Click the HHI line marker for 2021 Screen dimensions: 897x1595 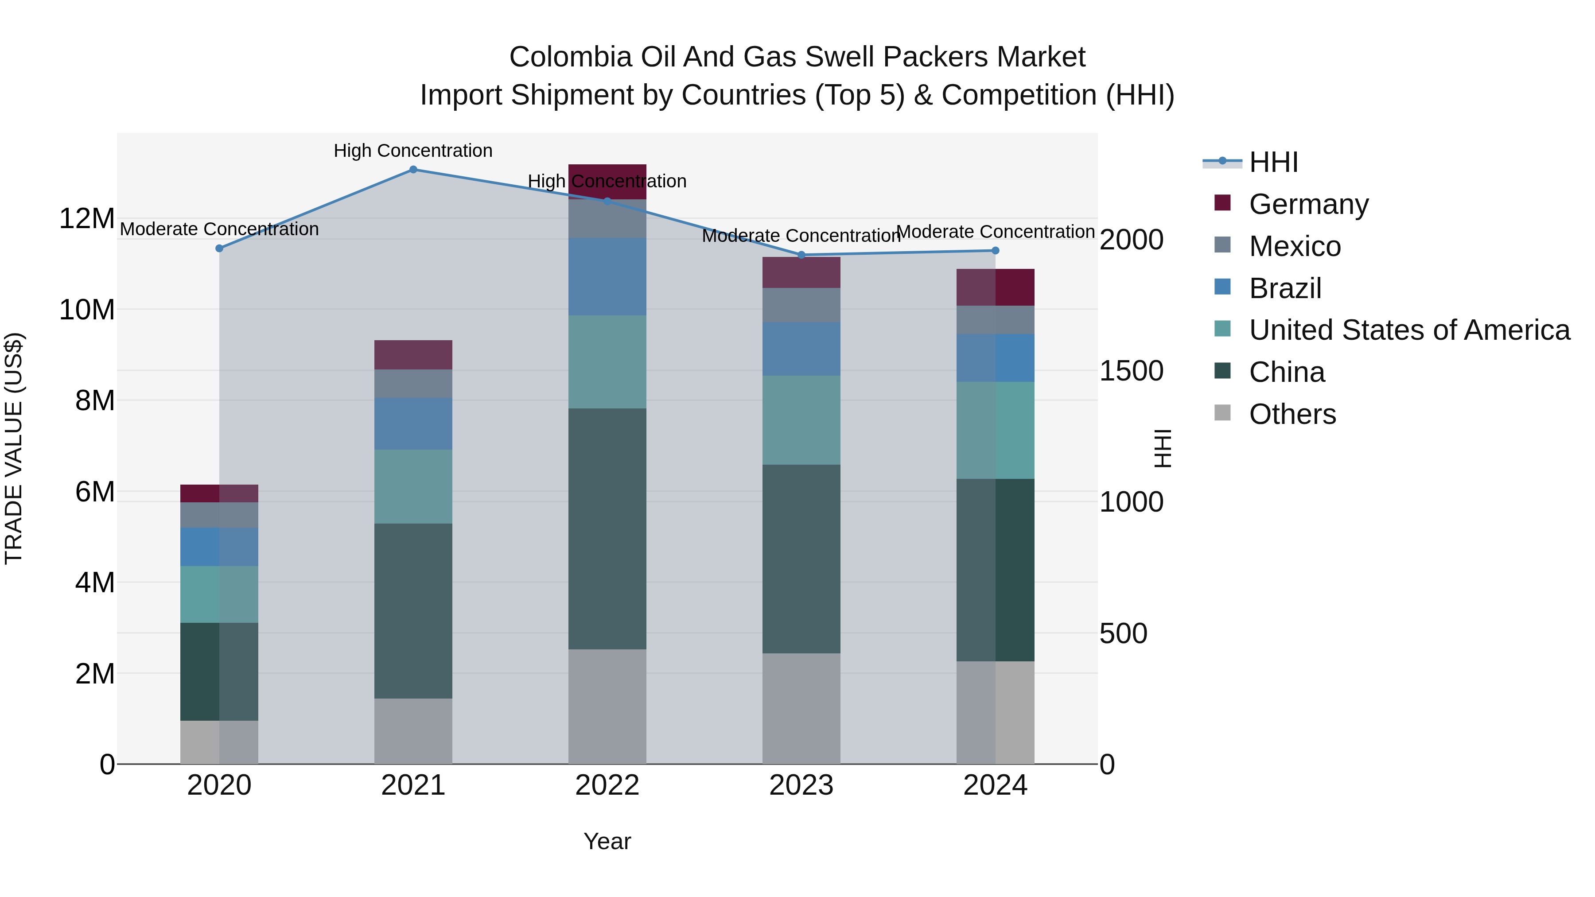tap(413, 170)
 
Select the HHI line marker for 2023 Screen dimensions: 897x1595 tap(801, 255)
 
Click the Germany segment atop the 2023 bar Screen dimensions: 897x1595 tap(801, 272)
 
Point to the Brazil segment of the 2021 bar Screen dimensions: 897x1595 tap(413, 423)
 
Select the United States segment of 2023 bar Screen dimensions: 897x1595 tap(801, 420)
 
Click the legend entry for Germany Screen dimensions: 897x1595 tap(1308, 204)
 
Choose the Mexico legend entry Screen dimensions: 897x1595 tap(1294, 246)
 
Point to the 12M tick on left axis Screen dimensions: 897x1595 tap(87, 218)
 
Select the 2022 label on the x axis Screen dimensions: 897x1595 tap(607, 785)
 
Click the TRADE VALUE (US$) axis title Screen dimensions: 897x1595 tap(14, 448)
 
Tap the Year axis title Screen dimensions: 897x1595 tap(607, 841)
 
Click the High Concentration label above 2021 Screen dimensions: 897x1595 tap(413, 151)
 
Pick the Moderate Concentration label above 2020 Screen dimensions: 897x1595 tap(219, 229)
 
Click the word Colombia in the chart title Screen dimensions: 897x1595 tap(570, 57)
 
